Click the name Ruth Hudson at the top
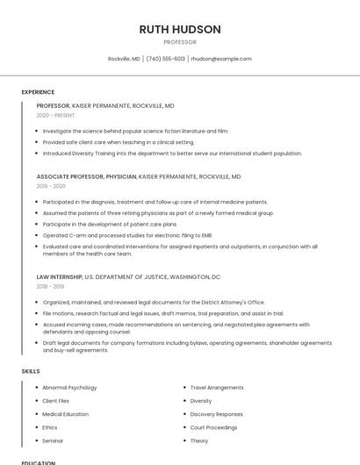180,29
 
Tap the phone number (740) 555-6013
166,59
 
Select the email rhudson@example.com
221,59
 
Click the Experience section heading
38,92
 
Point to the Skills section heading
31,371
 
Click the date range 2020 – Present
55,115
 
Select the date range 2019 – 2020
51,186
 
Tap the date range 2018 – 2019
50,286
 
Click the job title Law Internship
60,276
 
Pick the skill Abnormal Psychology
69,387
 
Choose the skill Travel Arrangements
217,387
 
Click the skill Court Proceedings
214,427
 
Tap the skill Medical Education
66,414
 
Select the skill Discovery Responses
217,414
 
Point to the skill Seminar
53,440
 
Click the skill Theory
199,440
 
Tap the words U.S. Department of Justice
123,276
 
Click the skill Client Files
56,400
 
